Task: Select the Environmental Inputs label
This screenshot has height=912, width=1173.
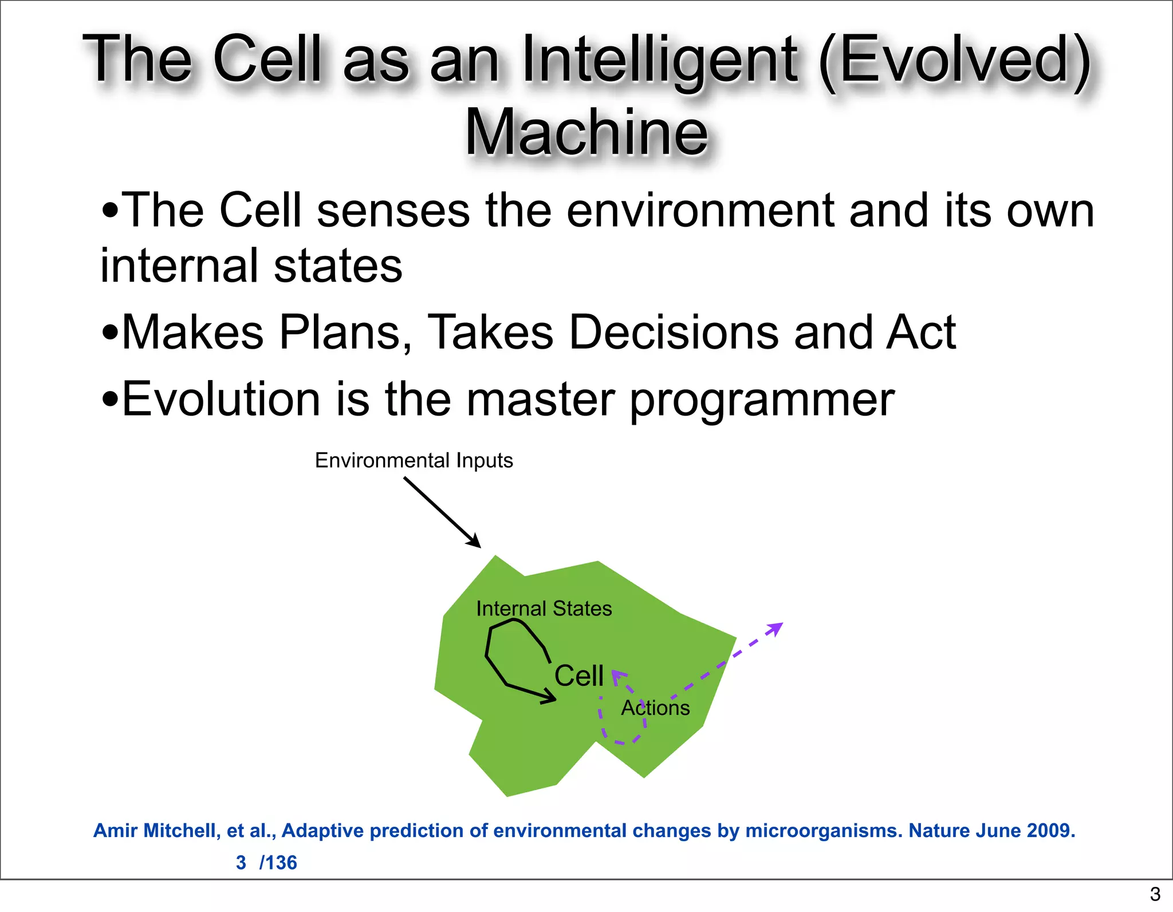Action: (x=414, y=460)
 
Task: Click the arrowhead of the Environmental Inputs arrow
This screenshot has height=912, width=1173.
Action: (x=475, y=542)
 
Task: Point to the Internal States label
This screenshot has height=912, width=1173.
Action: (x=544, y=608)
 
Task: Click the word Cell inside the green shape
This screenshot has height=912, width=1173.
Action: (x=578, y=676)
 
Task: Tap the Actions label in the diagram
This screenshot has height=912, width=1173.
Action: (x=655, y=708)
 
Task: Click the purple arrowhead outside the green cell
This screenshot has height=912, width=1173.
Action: (x=777, y=628)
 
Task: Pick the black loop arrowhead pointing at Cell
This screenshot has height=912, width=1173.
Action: (x=550, y=698)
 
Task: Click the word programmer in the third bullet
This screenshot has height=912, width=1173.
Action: (x=762, y=400)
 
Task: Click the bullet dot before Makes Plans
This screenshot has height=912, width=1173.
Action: (x=109, y=333)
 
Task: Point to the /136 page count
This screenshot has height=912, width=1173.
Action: (x=278, y=862)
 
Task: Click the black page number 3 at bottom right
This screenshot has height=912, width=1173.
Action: (x=1155, y=894)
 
